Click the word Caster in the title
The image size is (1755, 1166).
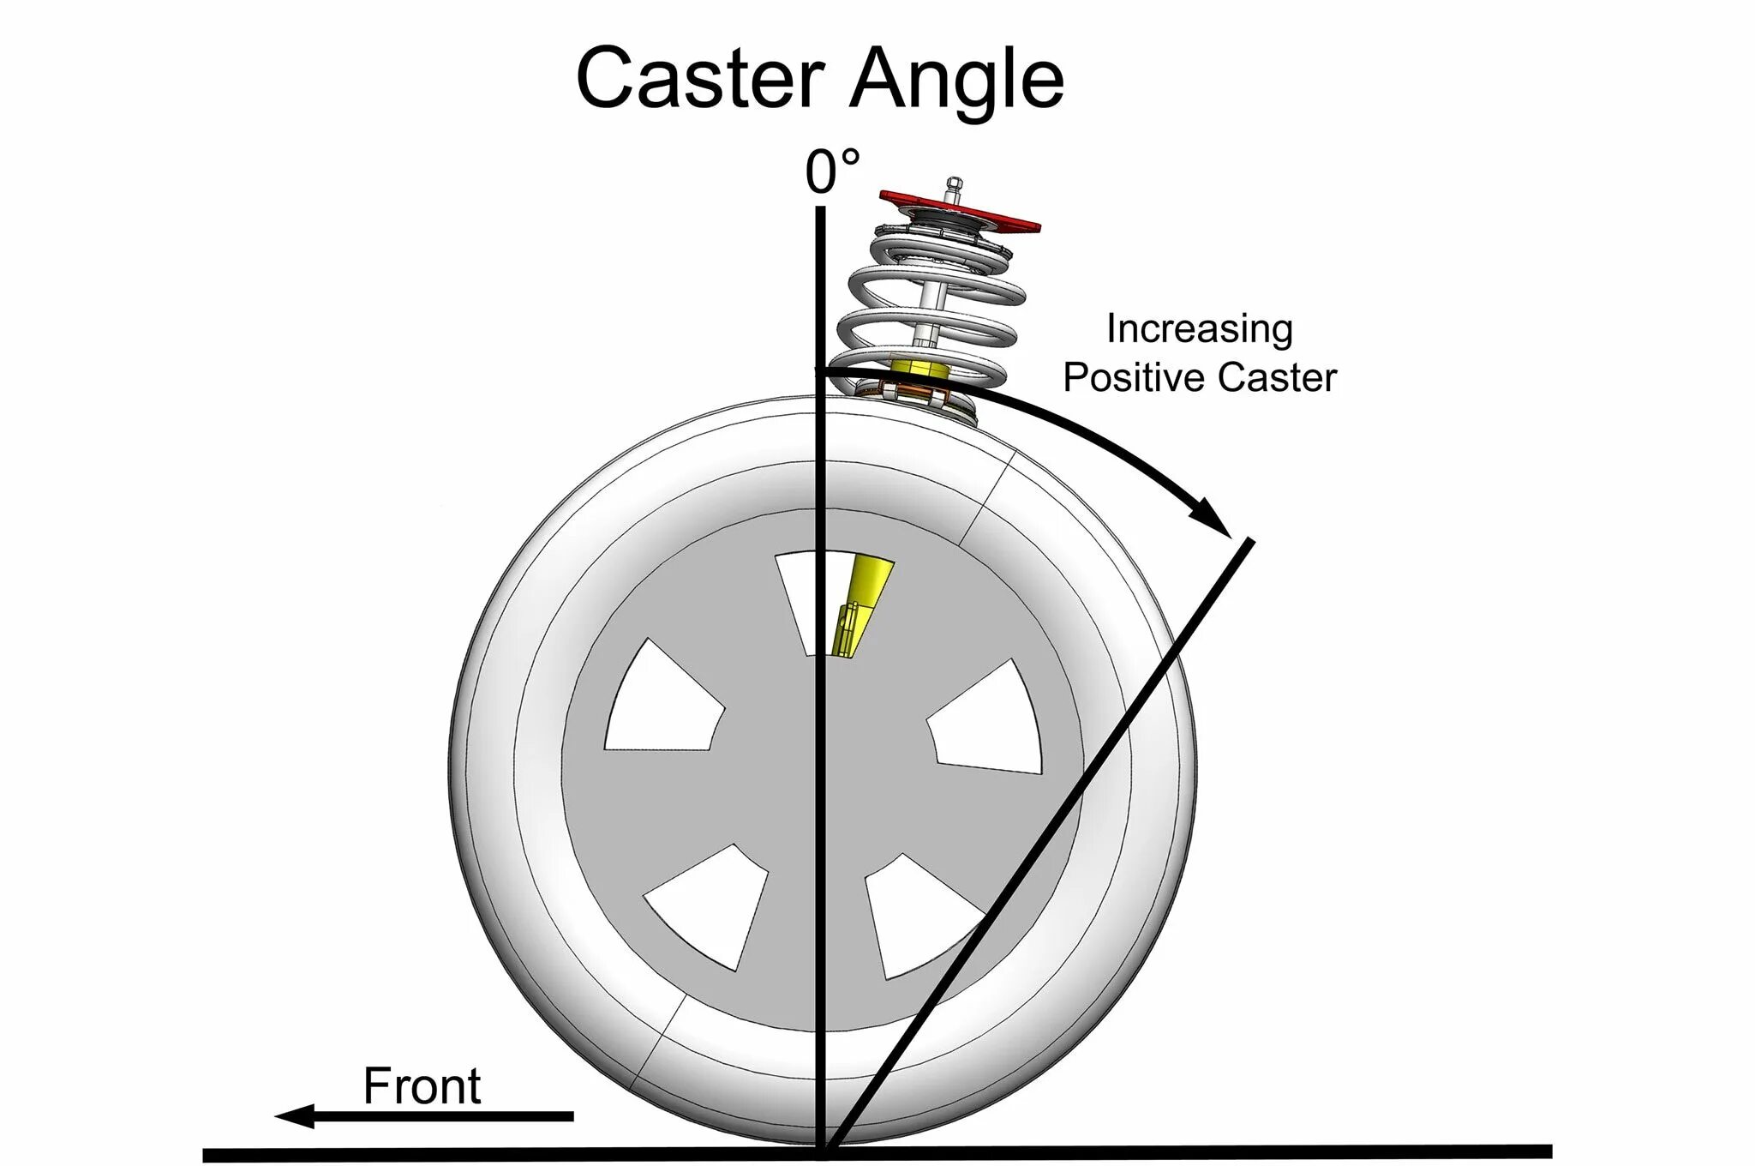coord(700,78)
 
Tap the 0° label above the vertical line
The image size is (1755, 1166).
coord(831,171)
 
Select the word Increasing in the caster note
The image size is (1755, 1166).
coord(1199,329)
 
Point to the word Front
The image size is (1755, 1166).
coord(422,1086)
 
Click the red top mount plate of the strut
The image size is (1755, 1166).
coord(960,210)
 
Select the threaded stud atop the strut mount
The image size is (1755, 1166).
coord(953,189)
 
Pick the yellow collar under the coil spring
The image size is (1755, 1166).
coord(920,370)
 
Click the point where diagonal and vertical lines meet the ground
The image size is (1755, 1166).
coord(824,1151)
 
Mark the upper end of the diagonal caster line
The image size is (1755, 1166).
coord(1250,541)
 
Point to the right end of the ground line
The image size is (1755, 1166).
coord(1549,1151)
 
